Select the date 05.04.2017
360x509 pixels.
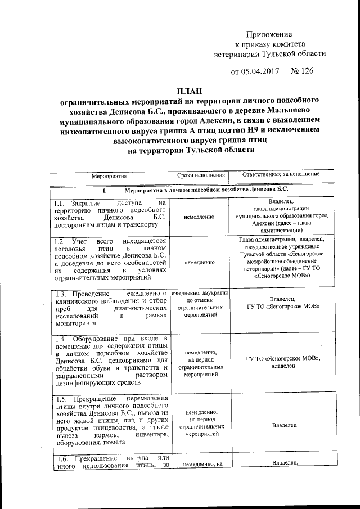tap(264, 71)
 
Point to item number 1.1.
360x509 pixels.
tap(61, 203)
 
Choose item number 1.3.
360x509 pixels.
tap(62, 294)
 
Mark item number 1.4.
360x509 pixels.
tap(62, 338)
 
